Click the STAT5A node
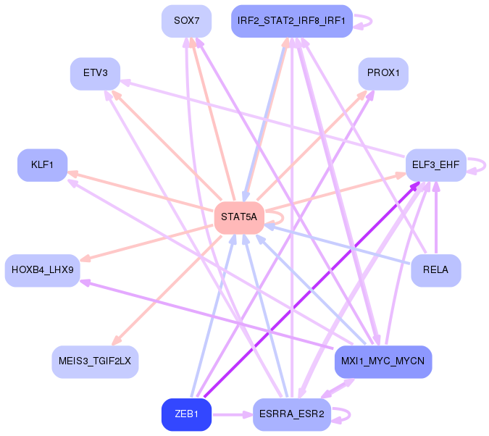pyautogui.click(x=239, y=217)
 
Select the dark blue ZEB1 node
pyautogui.click(x=186, y=414)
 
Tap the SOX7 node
pyautogui.click(x=186, y=21)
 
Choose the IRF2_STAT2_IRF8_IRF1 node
pyautogui.click(x=292, y=21)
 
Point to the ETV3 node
pyautogui.click(x=95, y=74)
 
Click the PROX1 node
pyautogui.click(x=383, y=74)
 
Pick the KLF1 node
pyautogui.click(x=43, y=165)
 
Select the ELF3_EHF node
pyautogui.click(x=436, y=165)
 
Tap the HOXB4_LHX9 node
pyautogui.click(x=43, y=270)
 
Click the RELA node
pyautogui.click(x=436, y=270)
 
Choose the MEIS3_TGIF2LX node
pyautogui.click(x=95, y=362)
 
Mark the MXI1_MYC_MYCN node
pyautogui.click(x=383, y=362)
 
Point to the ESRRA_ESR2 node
pyautogui.click(x=292, y=414)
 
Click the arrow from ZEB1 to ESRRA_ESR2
pyautogui.click(x=233, y=415)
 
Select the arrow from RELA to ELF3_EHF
pyautogui.click(x=436, y=218)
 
